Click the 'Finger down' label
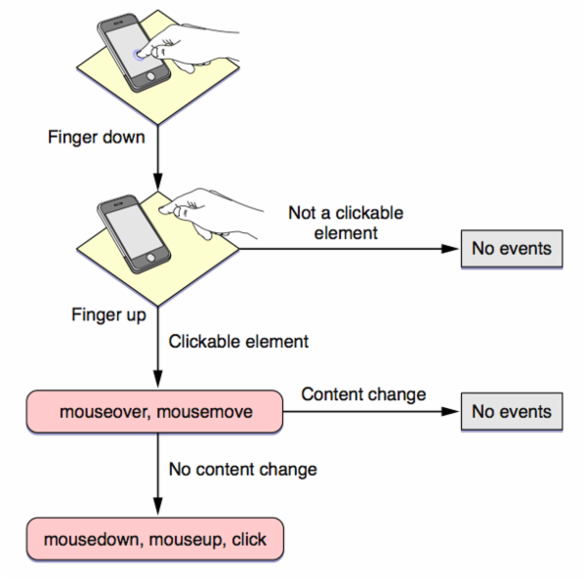tap(96, 138)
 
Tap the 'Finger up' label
tap(108, 314)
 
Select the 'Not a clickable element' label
tap(346, 223)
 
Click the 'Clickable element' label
tap(238, 342)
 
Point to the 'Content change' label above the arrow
tap(363, 394)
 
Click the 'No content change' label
tap(243, 470)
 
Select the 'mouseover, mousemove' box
tap(154, 412)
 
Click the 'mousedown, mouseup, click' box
tap(155, 539)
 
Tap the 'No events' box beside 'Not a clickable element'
tap(512, 249)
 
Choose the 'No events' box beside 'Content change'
tap(512, 411)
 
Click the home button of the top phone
tap(150, 76)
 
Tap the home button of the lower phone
tap(150, 258)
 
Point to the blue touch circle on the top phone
tap(139, 55)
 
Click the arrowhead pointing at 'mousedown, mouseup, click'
tap(157, 506)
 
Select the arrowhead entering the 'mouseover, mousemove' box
tap(157, 379)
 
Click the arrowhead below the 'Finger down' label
tap(157, 182)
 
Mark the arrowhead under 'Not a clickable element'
tap(449, 249)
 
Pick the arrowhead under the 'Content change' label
tap(449, 411)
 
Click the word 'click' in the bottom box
tap(249, 539)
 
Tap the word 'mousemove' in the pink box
tap(204, 412)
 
